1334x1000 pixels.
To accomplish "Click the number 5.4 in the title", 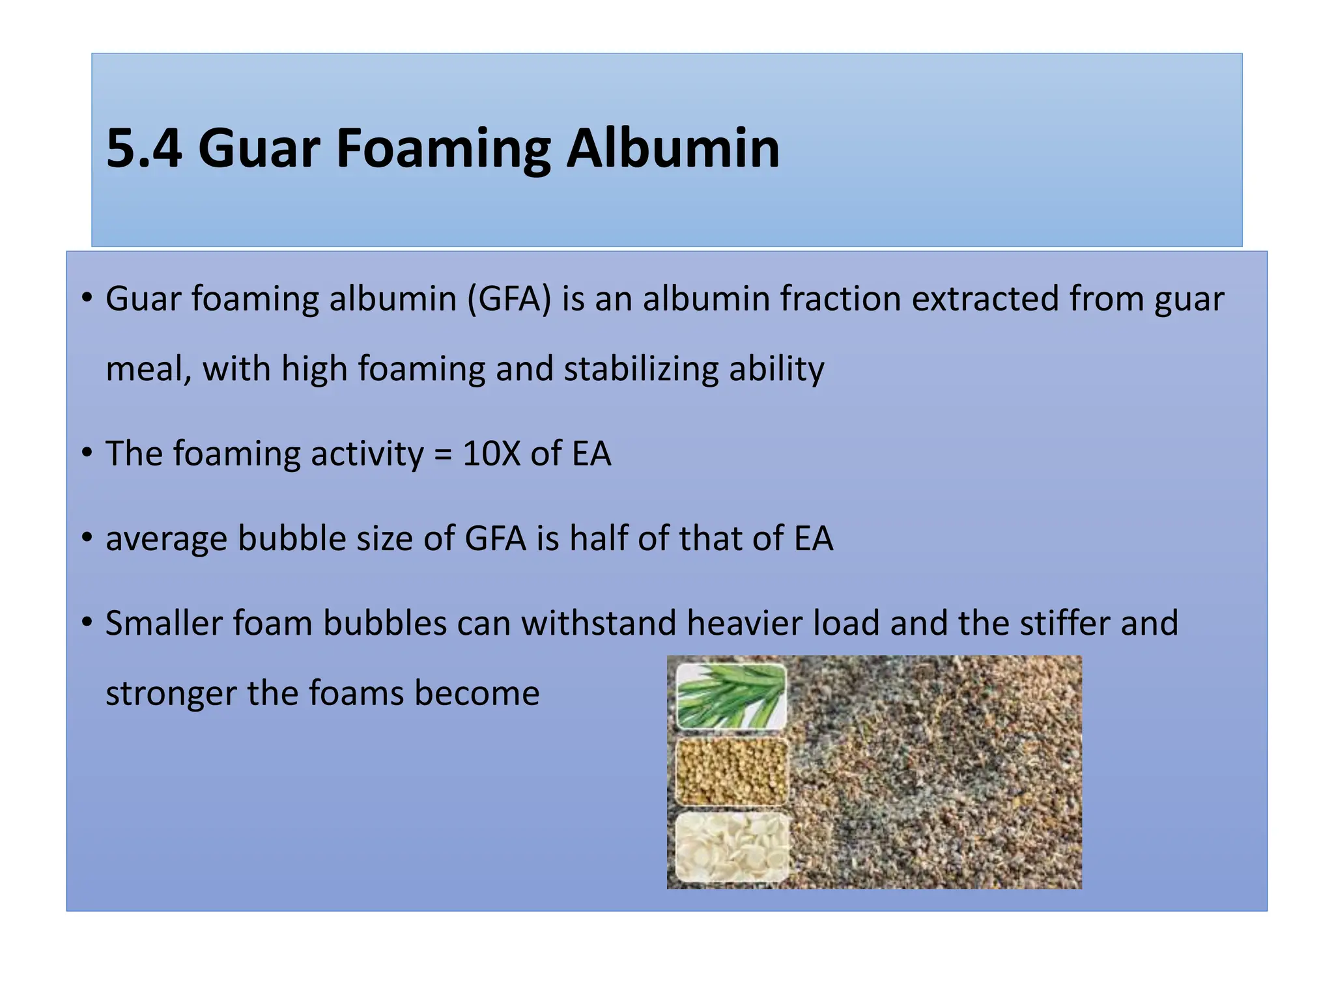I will click(144, 148).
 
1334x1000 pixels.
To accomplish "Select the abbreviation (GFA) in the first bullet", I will click(509, 300).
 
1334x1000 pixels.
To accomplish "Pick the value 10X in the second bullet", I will click(491, 454).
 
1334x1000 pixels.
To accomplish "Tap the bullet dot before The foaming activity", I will click(87, 454).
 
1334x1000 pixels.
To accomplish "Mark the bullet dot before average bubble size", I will click(87, 538).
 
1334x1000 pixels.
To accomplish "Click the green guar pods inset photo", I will click(731, 695).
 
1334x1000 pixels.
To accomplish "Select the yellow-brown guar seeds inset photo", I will click(732, 771).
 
